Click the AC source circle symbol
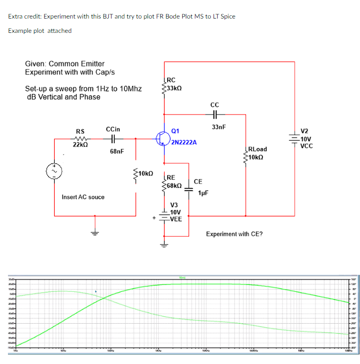[55, 171]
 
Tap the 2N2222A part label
[184, 143]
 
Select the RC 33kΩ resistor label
[175, 85]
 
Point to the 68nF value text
[117, 151]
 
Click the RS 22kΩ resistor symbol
[80, 139]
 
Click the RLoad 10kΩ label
[257, 153]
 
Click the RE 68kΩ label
[175, 182]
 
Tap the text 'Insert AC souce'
[83, 197]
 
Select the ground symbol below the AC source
[95, 232]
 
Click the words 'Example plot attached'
[40, 30]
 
